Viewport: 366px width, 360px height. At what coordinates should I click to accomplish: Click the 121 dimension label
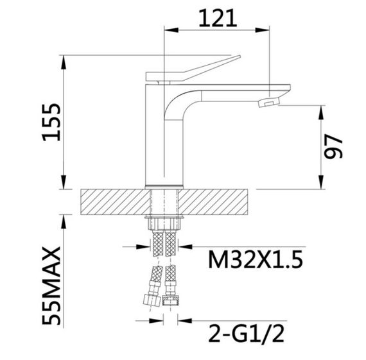(x=218, y=18)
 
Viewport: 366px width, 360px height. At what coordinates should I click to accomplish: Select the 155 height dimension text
(x=51, y=123)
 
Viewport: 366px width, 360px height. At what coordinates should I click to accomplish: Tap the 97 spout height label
(x=333, y=147)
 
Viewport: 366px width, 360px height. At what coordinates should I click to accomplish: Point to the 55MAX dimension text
(x=51, y=286)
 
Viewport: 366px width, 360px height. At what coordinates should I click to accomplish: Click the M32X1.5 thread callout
(x=256, y=259)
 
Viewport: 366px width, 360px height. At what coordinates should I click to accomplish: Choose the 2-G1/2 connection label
(x=246, y=334)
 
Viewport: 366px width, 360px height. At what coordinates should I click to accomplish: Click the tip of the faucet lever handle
(x=240, y=56)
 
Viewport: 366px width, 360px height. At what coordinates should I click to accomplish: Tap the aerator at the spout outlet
(x=268, y=102)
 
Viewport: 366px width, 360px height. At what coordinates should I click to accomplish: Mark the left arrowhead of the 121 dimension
(x=171, y=30)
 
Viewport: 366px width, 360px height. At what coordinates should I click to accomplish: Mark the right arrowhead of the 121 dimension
(x=263, y=30)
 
